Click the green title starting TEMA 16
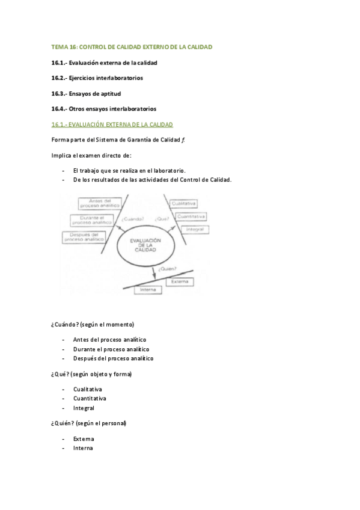[x=132, y=46]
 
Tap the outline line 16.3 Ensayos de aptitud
[x=86, y=93]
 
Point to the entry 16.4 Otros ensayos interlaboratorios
[x=103, y=109]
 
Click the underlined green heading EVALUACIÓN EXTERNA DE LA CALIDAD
[x=112, y=124]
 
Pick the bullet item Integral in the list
[x=84, y=408]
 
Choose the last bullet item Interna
[x=83, y=447]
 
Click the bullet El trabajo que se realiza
[x=129, y=170]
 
